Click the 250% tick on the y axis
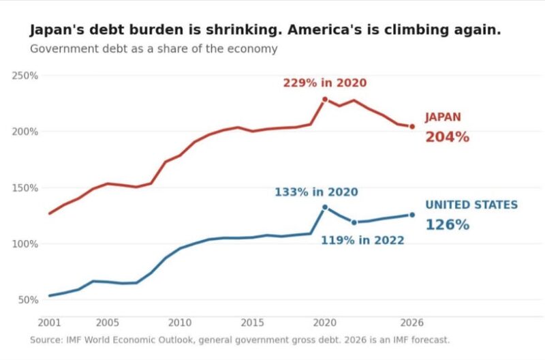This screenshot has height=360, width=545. point(25,76)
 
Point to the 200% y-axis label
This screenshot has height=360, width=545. point(25,132)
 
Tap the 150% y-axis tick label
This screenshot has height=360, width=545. point(25,187)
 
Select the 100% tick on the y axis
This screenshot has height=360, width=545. point(25,244)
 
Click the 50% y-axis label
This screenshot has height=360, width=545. point(28,300)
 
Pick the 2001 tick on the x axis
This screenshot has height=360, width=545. point(49,322)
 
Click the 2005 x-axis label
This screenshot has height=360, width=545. point(108,322)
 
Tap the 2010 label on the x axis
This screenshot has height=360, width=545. point(180,322)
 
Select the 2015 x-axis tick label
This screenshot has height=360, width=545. point(252,322)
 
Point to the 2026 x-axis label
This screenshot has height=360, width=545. point(412,322)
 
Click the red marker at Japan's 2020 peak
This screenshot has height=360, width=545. point(325,100)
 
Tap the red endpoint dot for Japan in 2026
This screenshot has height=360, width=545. point(412,127)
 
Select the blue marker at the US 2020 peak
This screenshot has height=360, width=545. point(325,207)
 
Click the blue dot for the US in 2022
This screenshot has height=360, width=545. point(354,222)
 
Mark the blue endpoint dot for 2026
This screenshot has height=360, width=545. point(412,215)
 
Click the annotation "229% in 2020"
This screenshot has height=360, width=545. point(325,82)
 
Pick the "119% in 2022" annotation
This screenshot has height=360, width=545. point(362,241)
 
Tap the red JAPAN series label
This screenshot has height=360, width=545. point(443,117)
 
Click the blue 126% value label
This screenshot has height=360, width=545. point(448,225)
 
